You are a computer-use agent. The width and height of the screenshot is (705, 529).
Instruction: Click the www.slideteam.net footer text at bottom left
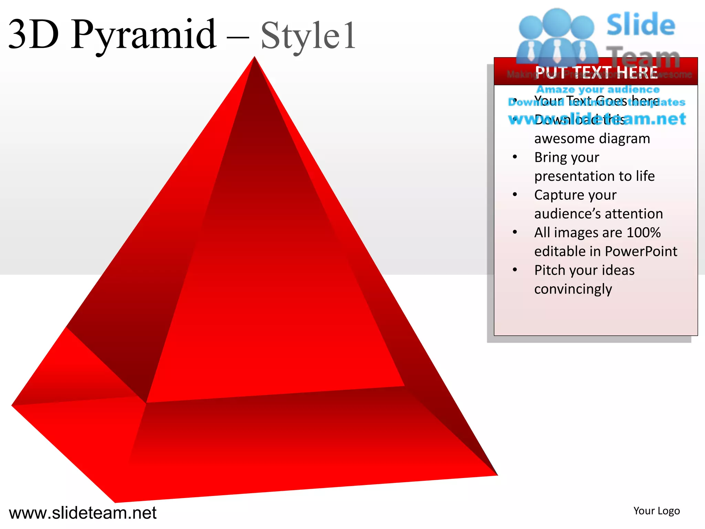tap(83, 512)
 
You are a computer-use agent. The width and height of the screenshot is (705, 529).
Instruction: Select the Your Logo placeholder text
tap(656, 511)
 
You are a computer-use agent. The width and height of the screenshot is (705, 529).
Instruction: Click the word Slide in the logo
tap(641, 25)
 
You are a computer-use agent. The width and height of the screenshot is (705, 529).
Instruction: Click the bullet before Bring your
tap(515, 157)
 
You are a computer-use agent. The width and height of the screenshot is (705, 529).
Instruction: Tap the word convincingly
tap(573, 289)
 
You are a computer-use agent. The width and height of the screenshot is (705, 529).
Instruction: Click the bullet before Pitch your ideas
tap(515, 270)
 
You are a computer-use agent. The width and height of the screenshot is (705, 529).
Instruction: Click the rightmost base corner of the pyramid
tap(497, 475)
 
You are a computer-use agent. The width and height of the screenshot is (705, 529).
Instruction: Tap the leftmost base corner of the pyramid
tap(12, 405)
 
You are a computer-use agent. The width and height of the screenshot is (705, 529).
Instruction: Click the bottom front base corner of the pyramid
tap(115, 502)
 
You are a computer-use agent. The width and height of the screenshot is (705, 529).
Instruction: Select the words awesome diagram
tap(592, 138)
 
